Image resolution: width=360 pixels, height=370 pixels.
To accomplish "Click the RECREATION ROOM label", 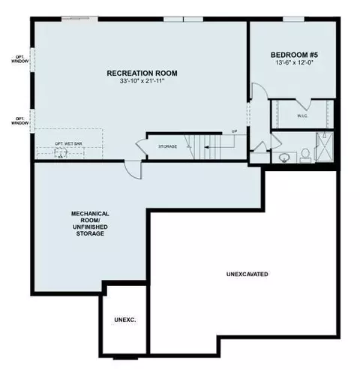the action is (x=142, y=74).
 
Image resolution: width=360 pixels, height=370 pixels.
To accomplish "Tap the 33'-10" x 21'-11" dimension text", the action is (x=142, y=81).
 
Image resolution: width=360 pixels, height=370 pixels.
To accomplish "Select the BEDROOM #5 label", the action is (x=294, y=55).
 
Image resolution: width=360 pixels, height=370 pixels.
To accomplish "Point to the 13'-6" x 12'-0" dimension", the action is (x=294, y=62).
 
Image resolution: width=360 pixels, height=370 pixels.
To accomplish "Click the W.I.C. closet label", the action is (x=302, y=116).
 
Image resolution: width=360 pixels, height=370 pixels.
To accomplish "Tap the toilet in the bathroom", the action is (x=305, y=155).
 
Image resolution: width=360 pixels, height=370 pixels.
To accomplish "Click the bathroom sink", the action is (x=283, y=158).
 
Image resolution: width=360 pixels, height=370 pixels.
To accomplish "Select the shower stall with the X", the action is (x=325, y=147).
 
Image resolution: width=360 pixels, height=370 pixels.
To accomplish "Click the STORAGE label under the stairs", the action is (x=167, y=146).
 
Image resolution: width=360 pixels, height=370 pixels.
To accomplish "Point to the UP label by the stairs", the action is (x=234, y=131).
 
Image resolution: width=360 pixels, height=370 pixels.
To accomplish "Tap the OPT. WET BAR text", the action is (x=68, y=144).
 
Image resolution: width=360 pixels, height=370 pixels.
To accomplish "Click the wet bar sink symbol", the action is (x=61, y=153).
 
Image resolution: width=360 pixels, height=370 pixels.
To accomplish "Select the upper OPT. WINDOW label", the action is (x=19, y=59).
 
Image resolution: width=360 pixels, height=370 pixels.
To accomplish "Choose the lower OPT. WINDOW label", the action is (x=19, y=121).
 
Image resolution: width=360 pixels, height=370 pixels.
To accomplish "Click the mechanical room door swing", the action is (x=133, y=170).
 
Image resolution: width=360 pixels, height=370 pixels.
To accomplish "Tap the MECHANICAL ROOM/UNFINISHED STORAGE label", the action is (x=90, y=224).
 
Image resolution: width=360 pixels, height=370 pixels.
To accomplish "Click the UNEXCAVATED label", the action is (x=247, y=274).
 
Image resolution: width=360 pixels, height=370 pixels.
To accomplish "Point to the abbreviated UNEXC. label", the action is (x=125, y=320).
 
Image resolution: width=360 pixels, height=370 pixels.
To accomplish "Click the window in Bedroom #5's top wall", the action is (x=293, y=20).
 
